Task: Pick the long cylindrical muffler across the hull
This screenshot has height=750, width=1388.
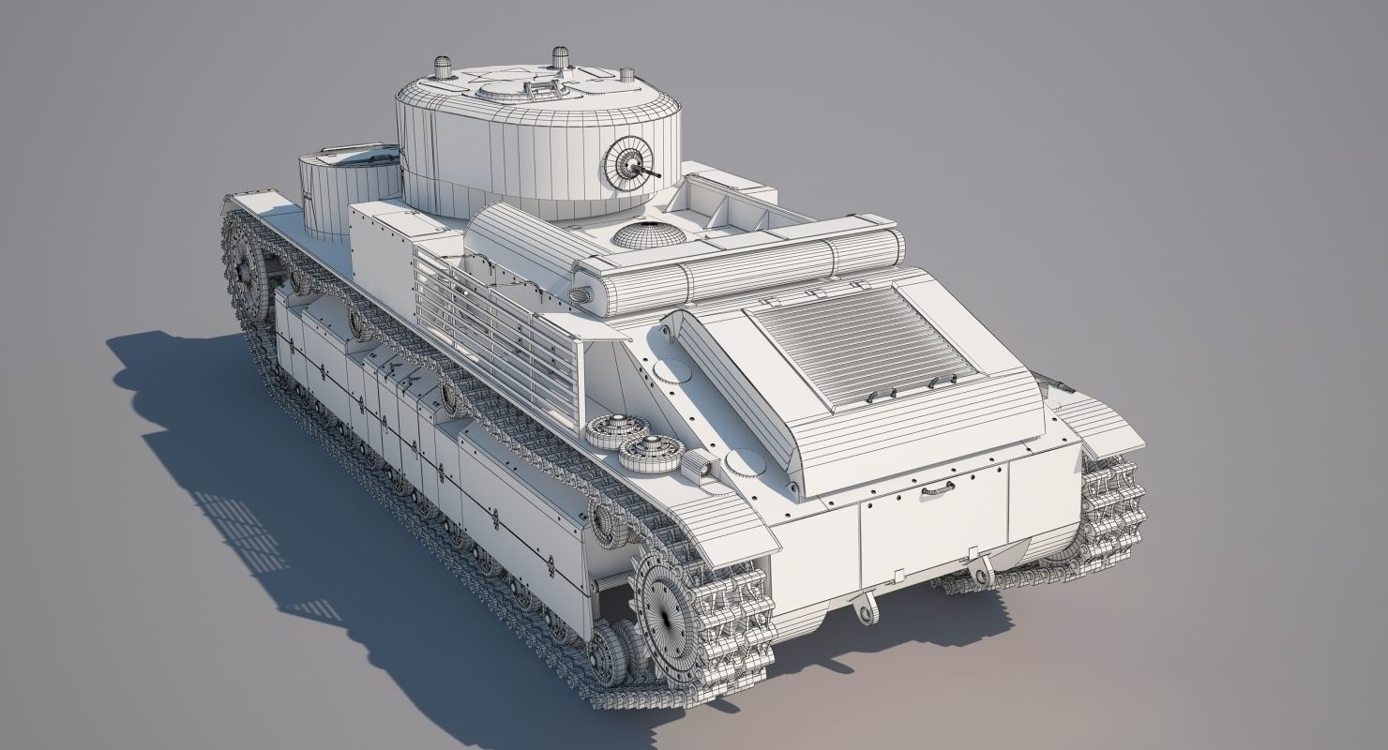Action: [741, 267]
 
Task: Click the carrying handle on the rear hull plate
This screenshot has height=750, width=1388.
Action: [937, 488]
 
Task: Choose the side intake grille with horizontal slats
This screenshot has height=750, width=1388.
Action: [497, 327]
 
